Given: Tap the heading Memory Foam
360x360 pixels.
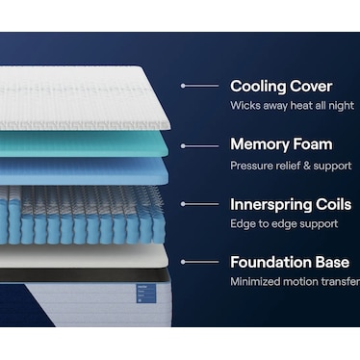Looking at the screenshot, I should (281, 144).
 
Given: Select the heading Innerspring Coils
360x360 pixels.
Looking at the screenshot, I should (289, 203).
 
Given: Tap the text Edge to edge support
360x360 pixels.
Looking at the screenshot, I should (283, 223).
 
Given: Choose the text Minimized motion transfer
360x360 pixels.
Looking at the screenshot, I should (295, 282).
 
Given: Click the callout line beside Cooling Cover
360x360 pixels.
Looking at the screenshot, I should (199, 86).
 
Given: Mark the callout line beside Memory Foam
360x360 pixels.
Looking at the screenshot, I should (199, 145).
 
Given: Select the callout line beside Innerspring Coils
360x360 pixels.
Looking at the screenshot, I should (199, 204).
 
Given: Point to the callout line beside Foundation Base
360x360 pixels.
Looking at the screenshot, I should (199, 262).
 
